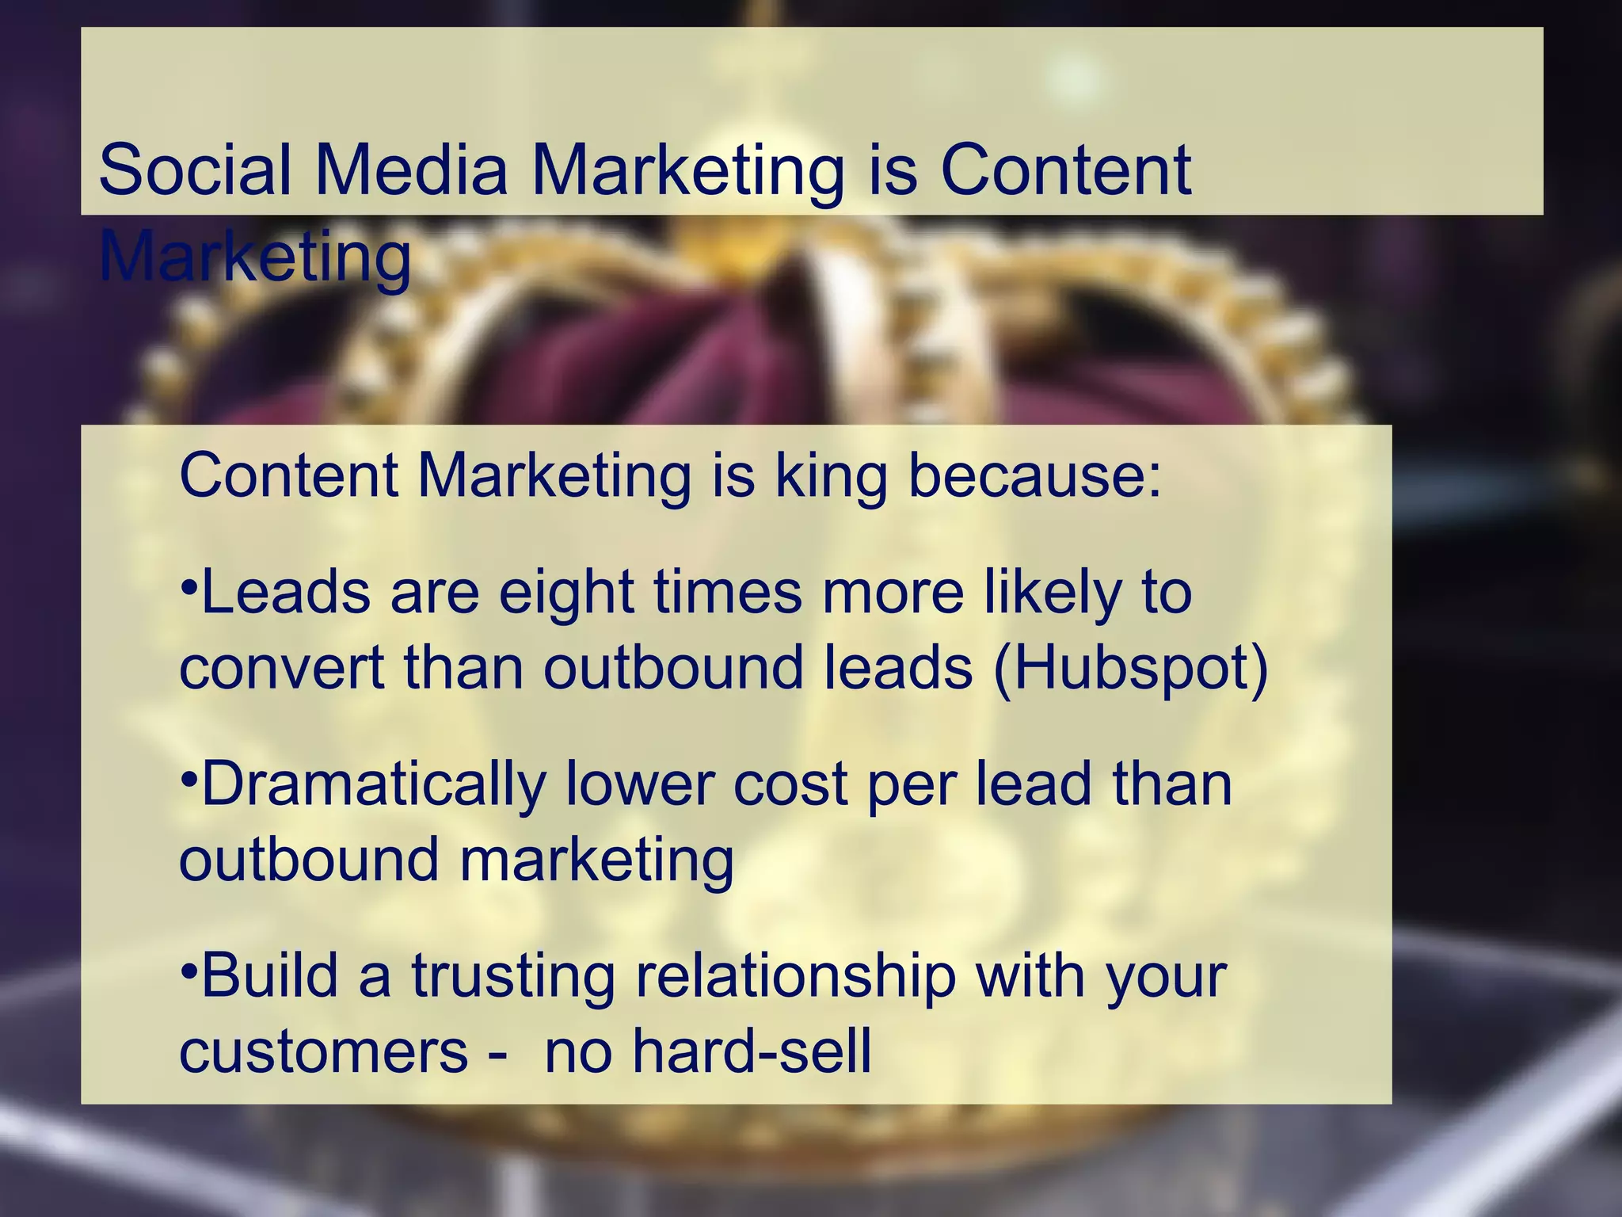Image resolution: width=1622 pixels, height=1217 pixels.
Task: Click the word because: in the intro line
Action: (1034, 475)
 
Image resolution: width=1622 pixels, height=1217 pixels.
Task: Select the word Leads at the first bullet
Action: (286, 593)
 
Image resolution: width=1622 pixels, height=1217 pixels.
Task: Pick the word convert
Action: (281, 668)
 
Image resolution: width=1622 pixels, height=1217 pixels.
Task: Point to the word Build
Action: (270, 975)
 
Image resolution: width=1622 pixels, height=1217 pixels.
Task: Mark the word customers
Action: (324, 1051)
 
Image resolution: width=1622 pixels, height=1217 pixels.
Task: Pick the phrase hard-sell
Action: (751, 1051)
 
